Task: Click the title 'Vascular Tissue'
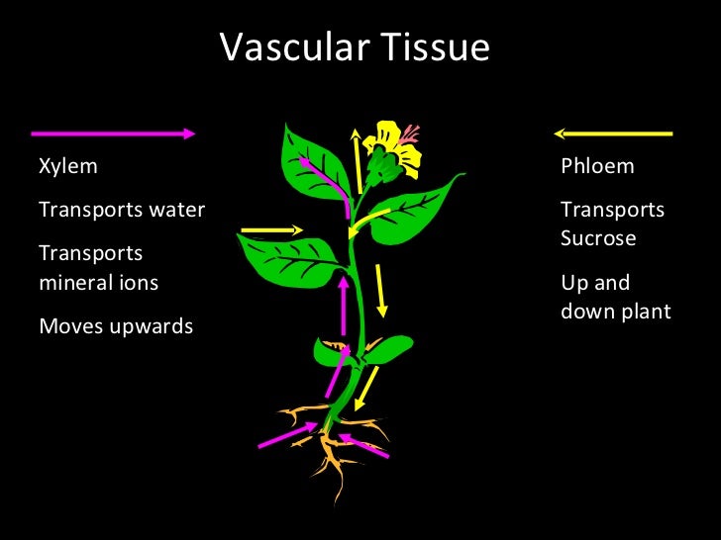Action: [x=355, y=47]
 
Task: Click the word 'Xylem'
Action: [x=68, y=165]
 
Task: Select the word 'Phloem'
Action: [x=597, y=165]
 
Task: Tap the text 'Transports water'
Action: [x=122, y=210]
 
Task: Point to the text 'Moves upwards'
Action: [x=116, y=325]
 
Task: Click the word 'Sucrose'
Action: [x=598, y=238]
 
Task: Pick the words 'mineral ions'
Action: [x=98, y=282]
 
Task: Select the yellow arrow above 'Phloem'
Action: [x=613, y=133]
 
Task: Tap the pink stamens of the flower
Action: [x=410, y=134]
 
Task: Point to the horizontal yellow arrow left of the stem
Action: [x=271, y=230]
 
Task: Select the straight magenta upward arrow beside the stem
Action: [x=344, y=306]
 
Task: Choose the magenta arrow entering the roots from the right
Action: [x=363, y=444]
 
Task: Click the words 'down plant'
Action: [x=615, y=312]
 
